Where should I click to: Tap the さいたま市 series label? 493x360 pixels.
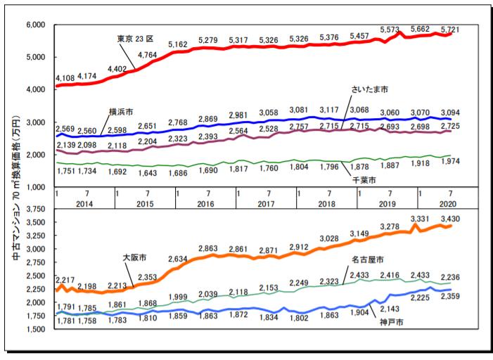click(370, 89)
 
